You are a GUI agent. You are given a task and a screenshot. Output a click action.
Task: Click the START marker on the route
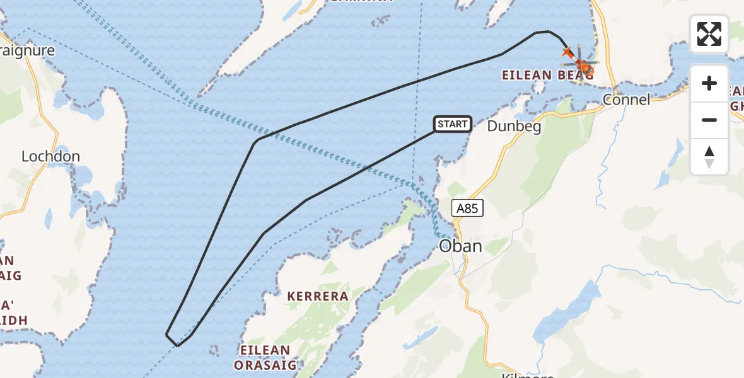(452, 124)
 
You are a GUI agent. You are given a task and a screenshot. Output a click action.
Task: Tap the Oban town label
(460, 246)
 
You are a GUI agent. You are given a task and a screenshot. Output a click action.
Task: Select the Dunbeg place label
(514, 126)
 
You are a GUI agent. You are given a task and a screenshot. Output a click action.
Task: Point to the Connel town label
(626, 100)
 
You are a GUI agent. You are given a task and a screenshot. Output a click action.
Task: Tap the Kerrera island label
(318, 296)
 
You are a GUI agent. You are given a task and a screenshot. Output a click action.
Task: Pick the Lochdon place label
(50, 156)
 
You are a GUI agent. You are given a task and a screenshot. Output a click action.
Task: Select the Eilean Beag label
(546, 75)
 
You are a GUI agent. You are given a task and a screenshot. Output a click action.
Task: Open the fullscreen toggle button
(709, 34)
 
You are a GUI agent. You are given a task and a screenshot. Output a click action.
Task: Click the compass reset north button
(709, 156)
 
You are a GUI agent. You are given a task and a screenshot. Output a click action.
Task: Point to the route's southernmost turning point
(178, 345)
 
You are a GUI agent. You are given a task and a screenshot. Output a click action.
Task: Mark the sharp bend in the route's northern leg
(255, 141)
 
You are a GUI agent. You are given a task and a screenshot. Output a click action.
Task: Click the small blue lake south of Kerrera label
(421, 337)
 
